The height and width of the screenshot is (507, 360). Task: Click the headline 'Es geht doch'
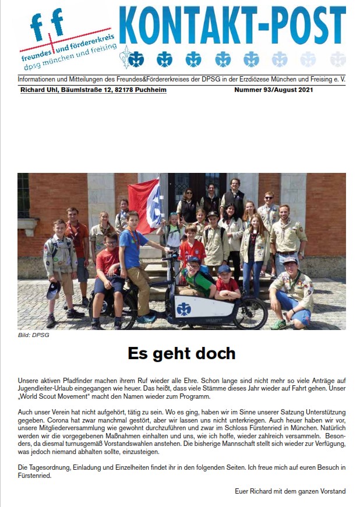[181, 353]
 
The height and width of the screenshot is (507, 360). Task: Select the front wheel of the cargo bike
[252, 313]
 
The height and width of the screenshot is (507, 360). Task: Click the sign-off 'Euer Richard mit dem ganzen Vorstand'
[290, 491]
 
